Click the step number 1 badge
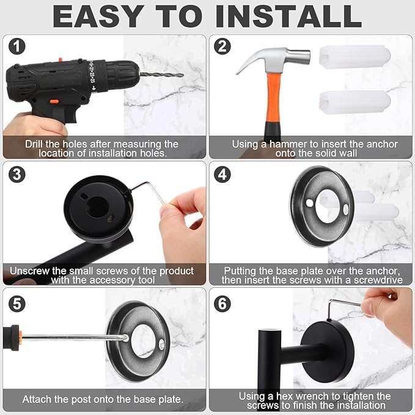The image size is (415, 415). (x=17, y=47)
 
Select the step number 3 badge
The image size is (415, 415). (x=17, y=174)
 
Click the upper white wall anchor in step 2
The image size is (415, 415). (x=354, y=57)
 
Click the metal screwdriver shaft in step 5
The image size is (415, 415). (x=73, y=337)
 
